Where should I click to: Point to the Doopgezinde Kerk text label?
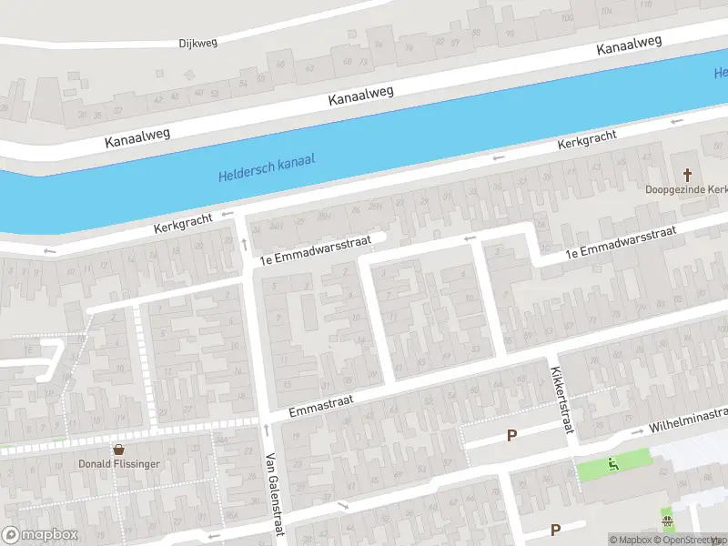[x=687, y=189]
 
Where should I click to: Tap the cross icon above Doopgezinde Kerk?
[x=688, y=174]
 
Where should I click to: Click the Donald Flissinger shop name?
[x=118, y=463]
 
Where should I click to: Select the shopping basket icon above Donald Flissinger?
[x=118, y=449]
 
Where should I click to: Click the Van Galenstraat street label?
[x=270, y=494]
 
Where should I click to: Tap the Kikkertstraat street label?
[x=560, y=399]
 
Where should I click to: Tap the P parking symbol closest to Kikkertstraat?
[x=511, y=436]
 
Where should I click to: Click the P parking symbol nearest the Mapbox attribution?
[x=554, y=530]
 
